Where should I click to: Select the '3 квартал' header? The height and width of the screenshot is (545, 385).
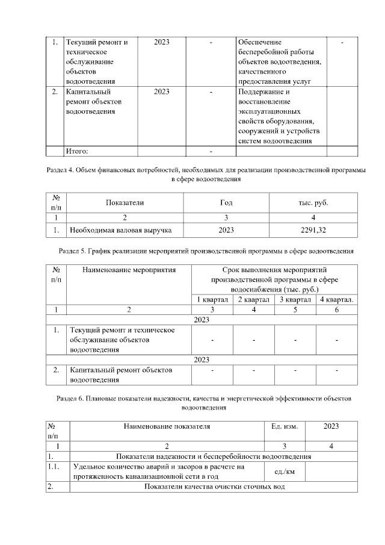coord(295,299)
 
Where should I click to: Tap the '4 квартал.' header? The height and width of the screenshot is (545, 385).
coord(336,299)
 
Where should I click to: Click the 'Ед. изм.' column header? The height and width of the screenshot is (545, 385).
coord(285,426)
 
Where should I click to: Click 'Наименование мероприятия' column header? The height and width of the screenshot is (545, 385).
coord(128,270)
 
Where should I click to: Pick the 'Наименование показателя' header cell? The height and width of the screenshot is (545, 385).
coord(167,426)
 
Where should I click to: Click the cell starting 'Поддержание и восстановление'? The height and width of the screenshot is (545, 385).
coord(280,116)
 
